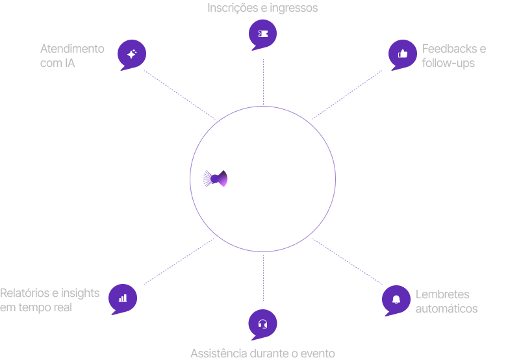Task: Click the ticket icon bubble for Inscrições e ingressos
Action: pyautogui.click(x=263, y=34)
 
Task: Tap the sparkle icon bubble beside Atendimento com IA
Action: pyautogui.click(x=132, y=55)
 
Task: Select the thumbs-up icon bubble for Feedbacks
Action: pyautogui.click(x=402, y=54)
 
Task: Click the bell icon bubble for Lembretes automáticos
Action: pyautogui.click(x=396, y=299)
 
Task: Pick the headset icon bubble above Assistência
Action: pyautogui.click(x=263, y=324)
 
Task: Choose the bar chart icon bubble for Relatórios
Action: pyautogui.click(x=123, y=298)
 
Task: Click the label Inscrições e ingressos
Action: pyautogui.click(x=262, y=8)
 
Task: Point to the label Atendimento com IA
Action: pyautogui.click(x=71, y=56)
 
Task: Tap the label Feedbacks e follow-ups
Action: pyautogui.click(x=453, y=56)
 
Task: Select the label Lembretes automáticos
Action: pyautogui.click(x=446, y=302)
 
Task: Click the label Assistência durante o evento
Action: pyautogui.click(x=262, y=354)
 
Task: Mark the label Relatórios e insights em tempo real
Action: pyautogui.click(x=49, y=300)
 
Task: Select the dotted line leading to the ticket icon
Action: pyautogui.click(x=263, y=81)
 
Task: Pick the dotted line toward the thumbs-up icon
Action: pyautogui.click(x=348, y=94)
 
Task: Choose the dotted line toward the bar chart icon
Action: pyautogui.click(x=179, y=261)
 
